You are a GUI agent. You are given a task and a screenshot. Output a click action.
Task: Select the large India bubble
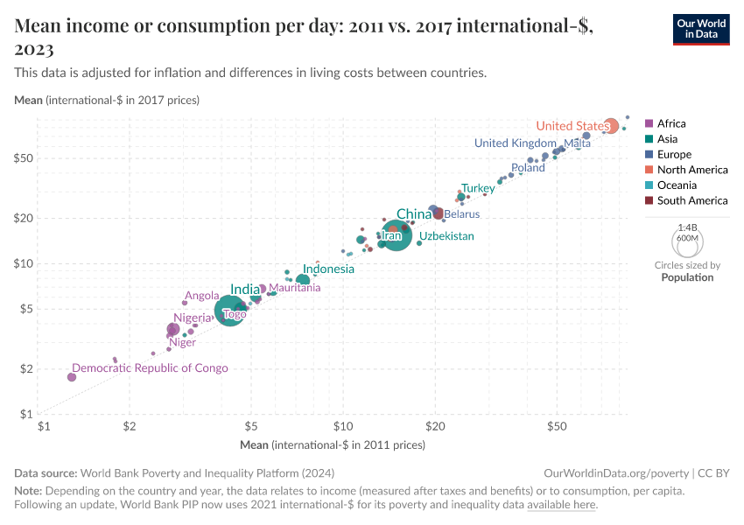coord(230,310)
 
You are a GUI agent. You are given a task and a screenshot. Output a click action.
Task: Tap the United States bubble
coord(611,126)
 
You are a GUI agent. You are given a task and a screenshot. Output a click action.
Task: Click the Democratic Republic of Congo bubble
coord(72,376)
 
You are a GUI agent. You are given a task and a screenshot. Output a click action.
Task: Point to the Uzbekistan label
coord(446,236)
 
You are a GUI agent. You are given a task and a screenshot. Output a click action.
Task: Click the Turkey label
coord(478,188)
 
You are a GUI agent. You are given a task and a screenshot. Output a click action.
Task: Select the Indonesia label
coord(328,269)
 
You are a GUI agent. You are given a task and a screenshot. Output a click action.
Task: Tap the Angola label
coord(201,296)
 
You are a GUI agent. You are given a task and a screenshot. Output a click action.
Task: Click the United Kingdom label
coord(515,143)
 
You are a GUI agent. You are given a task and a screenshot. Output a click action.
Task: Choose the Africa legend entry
coord(671,123)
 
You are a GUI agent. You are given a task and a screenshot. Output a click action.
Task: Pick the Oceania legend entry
coord(677,185)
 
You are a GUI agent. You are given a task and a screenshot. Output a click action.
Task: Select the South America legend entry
coord(691,200)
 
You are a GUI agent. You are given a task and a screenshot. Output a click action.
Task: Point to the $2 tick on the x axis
coord(130,426)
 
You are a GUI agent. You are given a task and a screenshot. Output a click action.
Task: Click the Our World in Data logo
coord(700,29)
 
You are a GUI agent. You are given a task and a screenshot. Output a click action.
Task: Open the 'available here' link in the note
coord(561,505)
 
